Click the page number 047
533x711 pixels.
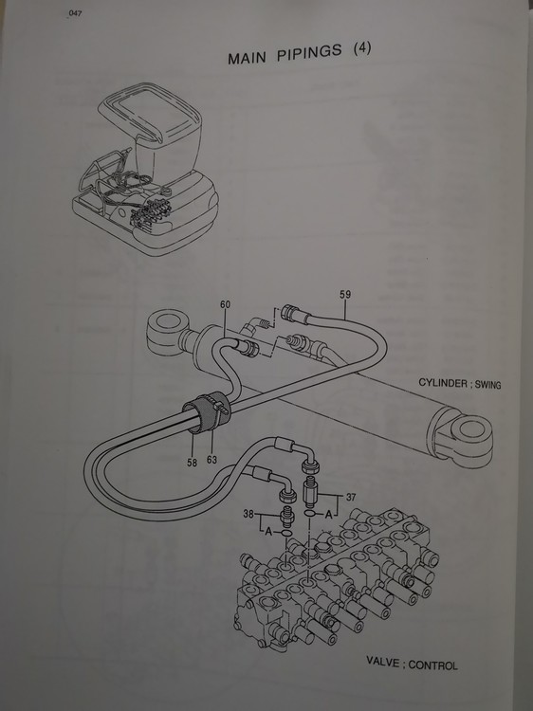click(75, 13)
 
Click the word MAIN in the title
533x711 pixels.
click(247, 58)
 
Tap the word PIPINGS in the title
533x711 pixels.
click(309, 52)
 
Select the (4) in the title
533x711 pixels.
click(362, 48)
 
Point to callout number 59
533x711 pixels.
click(345, 294)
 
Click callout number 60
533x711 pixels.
click(225, 304)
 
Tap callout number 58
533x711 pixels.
click(192, 463)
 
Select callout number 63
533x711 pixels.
click(211, 460)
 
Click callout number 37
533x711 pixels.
click(351, 497)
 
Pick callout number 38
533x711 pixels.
click(248, 515)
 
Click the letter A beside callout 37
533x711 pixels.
click(329, 515)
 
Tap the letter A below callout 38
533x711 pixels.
click(268, 532)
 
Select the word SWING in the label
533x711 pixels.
click(488, 385)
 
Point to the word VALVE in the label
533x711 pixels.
click(383, 662)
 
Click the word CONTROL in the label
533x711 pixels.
click(432, 665)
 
